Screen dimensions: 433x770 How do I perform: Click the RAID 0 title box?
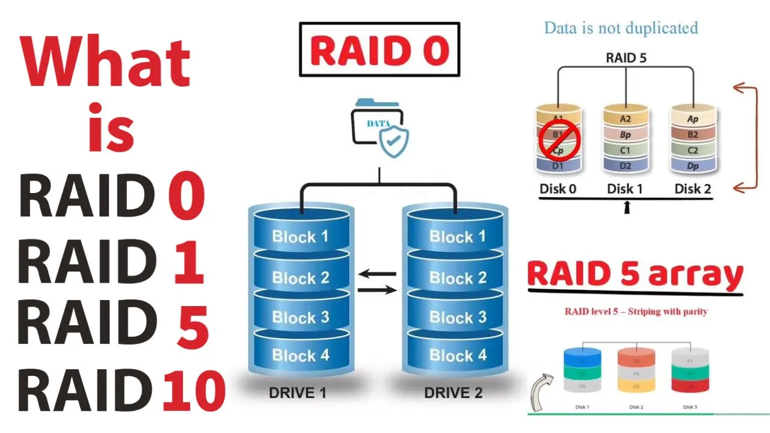(379, 49)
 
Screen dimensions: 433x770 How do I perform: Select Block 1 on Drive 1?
(300, 236)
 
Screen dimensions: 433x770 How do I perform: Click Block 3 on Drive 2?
(457, 317)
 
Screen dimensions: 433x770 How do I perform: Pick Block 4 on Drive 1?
(300, 355)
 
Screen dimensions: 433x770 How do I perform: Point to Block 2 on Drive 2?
(457, 278)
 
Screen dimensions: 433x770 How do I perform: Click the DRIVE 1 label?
(298, 393)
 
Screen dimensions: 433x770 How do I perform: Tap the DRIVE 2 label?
(454, 393)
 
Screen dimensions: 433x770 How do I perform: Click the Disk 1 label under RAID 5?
(625, 189)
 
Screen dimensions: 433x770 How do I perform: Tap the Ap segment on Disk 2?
(693, 119)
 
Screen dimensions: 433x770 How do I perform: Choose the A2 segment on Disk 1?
(626, 119)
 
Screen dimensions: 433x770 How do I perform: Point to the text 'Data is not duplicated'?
(621, 28)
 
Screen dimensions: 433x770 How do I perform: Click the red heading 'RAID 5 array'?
(635, 275)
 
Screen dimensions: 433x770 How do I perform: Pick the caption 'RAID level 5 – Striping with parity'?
(636, 312)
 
